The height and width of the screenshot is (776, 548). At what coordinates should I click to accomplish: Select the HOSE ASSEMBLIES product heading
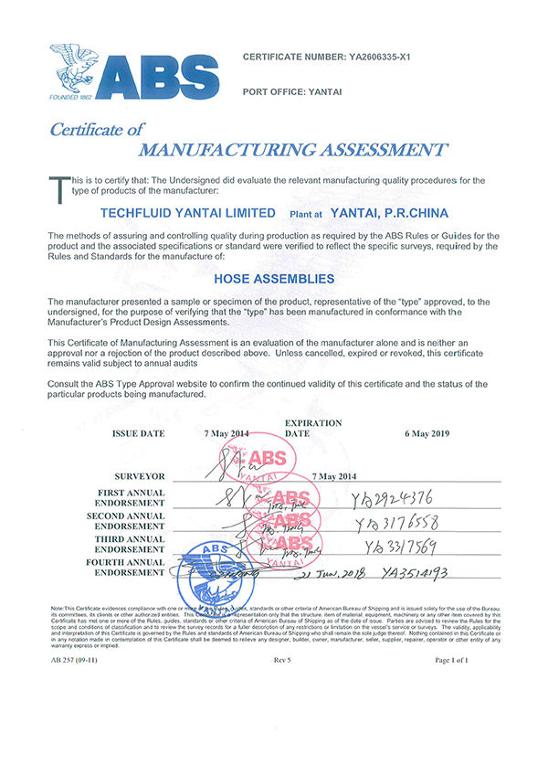tap(274, 278)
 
